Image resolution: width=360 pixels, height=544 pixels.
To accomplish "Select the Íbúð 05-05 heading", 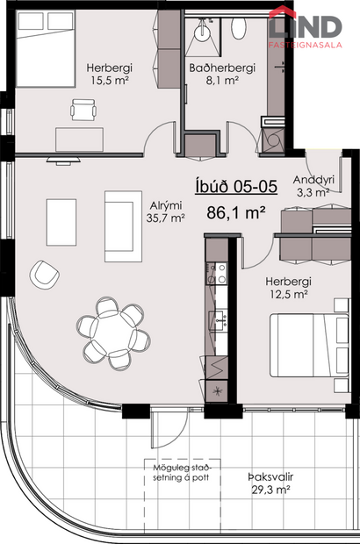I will [234, 187].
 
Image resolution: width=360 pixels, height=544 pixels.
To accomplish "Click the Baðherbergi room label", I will [221, 68].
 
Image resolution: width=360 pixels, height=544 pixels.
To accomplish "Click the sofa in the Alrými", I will [117, 220].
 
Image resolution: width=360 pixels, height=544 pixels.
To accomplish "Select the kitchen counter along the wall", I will [216, 307].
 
